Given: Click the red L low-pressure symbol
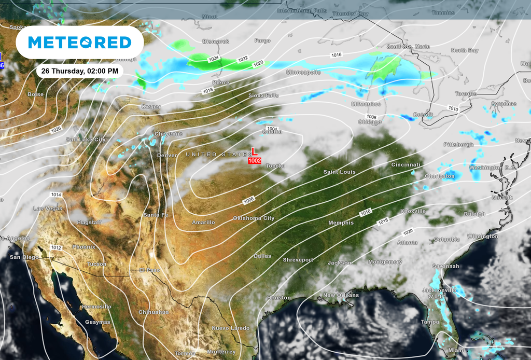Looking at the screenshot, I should click(254, 151).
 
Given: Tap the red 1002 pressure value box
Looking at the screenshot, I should click(255, 161).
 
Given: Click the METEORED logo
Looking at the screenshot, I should click(79, 42).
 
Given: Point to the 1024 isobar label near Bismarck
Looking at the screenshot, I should click(214, 59).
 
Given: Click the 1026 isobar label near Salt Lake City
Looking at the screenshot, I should click(56, 129).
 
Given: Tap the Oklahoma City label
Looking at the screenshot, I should click(254, 218).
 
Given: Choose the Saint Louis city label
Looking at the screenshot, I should click(339, 172).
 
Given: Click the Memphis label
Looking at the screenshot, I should click(341, 223).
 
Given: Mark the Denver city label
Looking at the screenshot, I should click(167, 155).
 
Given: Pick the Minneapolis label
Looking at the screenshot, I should click(303, 72).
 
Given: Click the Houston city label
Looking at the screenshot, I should click(279, 298).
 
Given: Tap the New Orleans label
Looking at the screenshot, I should click(341, 295).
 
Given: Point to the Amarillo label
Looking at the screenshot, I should click(203, 223).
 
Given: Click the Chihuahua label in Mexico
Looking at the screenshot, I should click(153, 312).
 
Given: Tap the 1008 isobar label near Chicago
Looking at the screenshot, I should click(371, 117).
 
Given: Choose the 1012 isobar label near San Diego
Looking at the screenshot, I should click(56, 248).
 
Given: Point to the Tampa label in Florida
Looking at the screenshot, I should click(430, 322).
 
